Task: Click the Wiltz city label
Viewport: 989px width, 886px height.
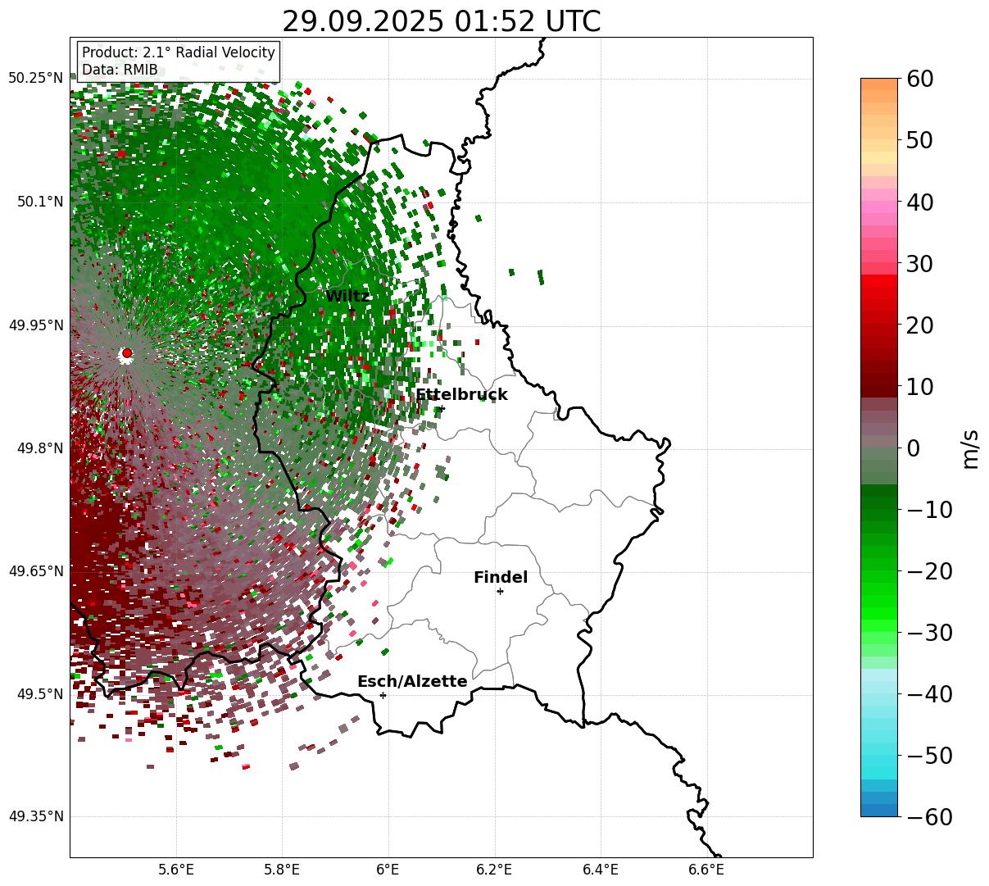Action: pyautogui.click(x=347, y=297)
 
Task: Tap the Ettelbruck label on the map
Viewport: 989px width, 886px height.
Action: pyautogui.click(x=461, y=395)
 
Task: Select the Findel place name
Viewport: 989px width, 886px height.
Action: pyautogui.click(x=501, y=578)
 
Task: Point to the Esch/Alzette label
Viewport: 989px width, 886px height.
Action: pyautogui.click(x=412, y=682)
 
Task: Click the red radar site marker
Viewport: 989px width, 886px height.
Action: pyautogui.click(x=126, y=353)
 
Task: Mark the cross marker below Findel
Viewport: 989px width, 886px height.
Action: pyautogui.click(x=500, y=591)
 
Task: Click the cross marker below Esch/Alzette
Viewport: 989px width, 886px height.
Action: pyautogui.click(x=383, y=695)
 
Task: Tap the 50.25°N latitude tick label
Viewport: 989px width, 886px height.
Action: pyautogui.click(x=35, y=79)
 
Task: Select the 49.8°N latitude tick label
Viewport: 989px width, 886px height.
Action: pyautogui.click(x=39, y=448)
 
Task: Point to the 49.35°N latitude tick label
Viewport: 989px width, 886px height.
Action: pyautogui.click(x=35, y=817)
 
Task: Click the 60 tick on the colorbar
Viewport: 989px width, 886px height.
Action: pyautogui.click(x=920, y=79)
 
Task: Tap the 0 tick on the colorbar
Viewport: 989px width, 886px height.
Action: pyautogui.click(x=913, y=448)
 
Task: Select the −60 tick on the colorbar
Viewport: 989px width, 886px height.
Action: pyautogui.click(x=929, y=817)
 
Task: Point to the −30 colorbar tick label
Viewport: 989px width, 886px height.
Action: pyautogui.click(x=929, y=633)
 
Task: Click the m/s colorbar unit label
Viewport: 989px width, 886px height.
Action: pyautogui.click(x=970, y=448)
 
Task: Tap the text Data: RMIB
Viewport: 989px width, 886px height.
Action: pyautogui.click(x=120, y=70)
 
